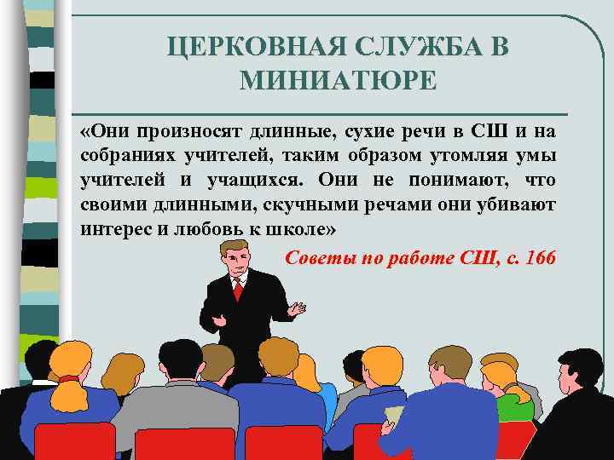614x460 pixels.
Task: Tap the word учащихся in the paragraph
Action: pyautogui.click(x=256, y=181)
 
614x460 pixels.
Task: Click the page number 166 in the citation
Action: pyautogui.click(x=541, y=258)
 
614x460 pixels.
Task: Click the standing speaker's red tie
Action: pyautogui.click(x=238, y=290)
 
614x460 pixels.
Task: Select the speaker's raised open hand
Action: pyautogui.click(x=296, y=309)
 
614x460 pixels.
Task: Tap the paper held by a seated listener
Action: pyautogui.click(x=393, y=415)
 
